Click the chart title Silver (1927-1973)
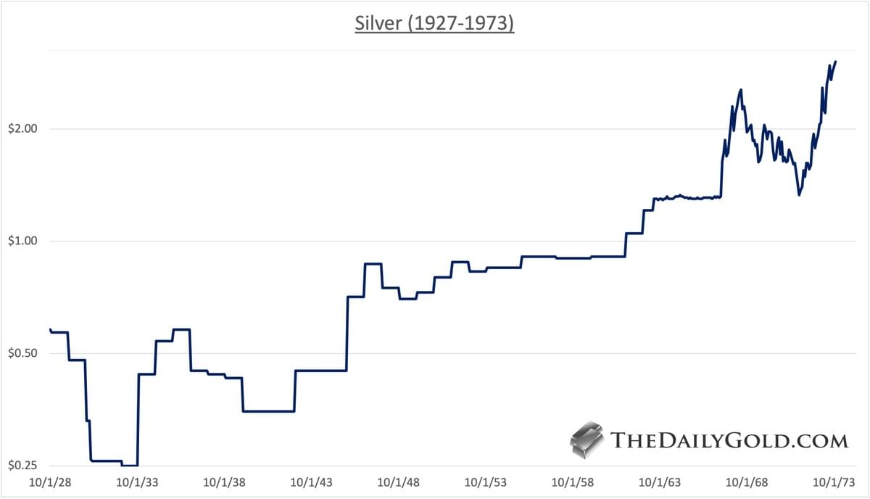point(434,23)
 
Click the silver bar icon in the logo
point(587,440)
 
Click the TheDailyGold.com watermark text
point(729,440)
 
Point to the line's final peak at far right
point(835,62)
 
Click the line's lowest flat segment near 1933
point(130,465)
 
